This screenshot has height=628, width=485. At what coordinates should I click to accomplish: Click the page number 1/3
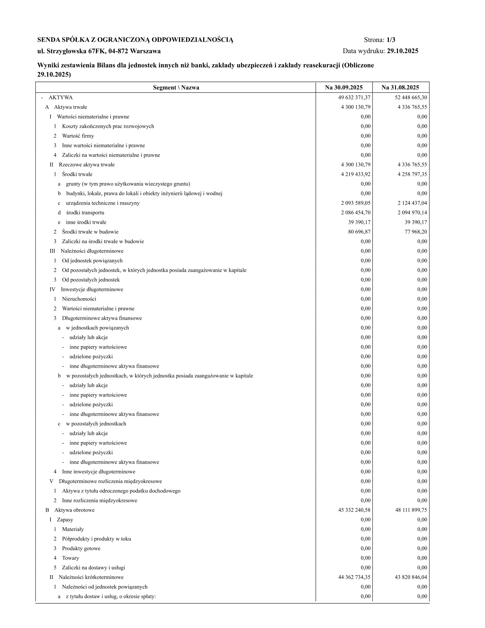391,40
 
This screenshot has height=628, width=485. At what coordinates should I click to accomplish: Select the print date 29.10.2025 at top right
403,51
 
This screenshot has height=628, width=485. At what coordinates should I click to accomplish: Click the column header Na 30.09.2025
344,87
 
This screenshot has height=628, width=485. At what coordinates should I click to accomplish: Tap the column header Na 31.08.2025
400,87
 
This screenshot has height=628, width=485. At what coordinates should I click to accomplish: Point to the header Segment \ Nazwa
176,87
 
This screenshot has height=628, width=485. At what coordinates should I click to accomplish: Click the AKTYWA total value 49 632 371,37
354,97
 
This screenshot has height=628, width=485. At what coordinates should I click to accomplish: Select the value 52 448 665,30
411,97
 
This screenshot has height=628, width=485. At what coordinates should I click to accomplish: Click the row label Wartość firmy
78,136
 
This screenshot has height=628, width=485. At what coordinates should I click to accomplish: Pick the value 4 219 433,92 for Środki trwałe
356,174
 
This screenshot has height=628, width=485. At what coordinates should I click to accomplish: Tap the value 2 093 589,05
356,203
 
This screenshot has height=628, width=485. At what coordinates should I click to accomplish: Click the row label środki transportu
85,212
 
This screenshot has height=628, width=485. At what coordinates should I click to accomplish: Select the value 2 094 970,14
412,212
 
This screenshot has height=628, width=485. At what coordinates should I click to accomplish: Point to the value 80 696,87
359,232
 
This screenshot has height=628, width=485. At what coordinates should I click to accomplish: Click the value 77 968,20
416,232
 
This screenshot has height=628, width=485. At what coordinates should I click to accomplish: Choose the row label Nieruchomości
79,299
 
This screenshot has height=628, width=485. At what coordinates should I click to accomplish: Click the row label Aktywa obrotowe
74,510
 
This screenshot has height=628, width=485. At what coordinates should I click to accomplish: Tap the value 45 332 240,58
354,510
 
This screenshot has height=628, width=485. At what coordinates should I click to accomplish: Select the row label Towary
70,558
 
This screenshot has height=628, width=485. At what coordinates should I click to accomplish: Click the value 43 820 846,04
411,577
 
